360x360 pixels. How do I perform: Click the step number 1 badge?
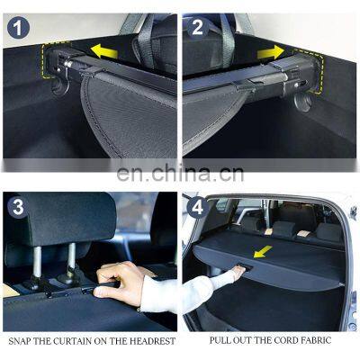click(x=18, y=29)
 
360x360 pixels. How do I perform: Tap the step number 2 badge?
click(x=197, y=28)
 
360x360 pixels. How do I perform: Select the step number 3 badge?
click(x=18, y=207)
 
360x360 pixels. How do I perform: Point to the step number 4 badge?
click(x=197, y=207)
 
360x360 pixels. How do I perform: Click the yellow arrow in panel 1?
click(x=104, y=51)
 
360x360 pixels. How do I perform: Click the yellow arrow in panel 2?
click(x=270, y=53)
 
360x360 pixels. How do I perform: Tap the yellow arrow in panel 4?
click(x=263, y=251)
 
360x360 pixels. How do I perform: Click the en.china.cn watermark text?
click(x=180, y=174)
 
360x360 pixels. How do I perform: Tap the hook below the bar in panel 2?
click(x=303, y=102)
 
